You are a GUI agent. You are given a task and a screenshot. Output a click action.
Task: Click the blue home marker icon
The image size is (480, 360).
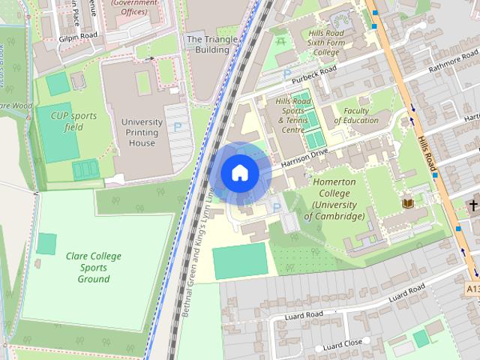coord(240,172)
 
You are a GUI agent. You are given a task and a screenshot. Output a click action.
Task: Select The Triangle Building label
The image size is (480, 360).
coord(207,43)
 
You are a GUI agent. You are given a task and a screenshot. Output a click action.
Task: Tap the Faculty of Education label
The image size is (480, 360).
coord(355,115)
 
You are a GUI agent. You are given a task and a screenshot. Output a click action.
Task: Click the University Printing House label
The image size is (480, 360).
coord(142,132)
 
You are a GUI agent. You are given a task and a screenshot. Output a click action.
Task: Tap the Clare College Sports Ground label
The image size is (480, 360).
coord(94,267)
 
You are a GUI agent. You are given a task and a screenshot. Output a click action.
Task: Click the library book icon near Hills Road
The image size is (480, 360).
coord(408,203)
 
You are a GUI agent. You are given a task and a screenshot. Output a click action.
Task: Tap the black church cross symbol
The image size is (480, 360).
coord(473,204)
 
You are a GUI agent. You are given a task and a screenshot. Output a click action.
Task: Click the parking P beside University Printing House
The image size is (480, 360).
coord(177,127)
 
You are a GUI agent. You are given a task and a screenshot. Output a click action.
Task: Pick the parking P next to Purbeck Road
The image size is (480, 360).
coord(286,74)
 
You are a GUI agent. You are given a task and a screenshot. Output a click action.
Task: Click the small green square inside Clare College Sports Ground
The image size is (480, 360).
coord(46,244)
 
